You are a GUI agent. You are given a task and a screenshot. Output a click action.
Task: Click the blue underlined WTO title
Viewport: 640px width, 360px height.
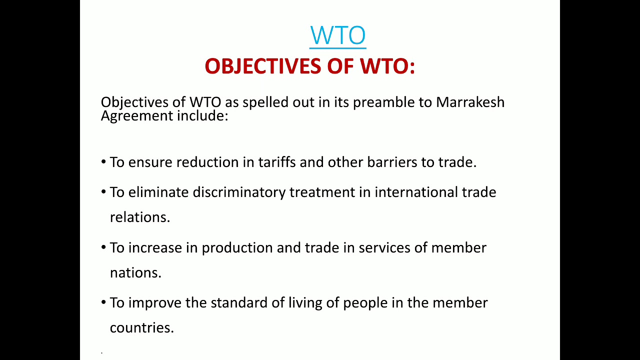[x=338, y=35]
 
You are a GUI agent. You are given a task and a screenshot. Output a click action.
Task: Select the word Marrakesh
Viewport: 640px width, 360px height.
[x=470, y=102]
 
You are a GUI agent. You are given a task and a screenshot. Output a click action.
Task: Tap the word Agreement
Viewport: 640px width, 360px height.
[x=136, y=115]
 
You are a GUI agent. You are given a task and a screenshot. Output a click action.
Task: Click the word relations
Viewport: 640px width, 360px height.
[x=140, y=217]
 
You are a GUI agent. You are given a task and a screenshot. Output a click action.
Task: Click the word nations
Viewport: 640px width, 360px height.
[x=135, y=273]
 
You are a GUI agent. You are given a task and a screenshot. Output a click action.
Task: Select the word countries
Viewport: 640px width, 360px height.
[x=142, y=328]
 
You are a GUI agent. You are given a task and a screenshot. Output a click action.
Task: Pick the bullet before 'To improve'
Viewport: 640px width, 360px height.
[x=103, y=303]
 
